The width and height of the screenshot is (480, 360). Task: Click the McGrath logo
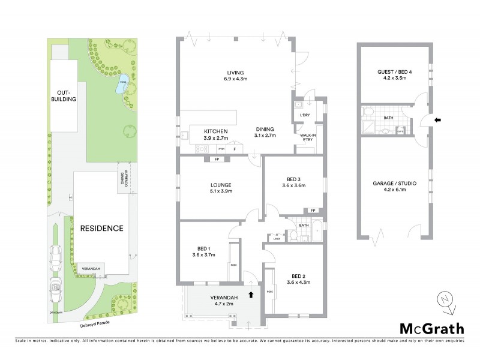pos(431,328)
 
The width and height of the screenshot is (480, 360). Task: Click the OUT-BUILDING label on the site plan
pos(67,95)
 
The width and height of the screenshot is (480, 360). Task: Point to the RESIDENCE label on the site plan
pos(101,228)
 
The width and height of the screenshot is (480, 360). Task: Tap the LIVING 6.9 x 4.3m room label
pos(235,75)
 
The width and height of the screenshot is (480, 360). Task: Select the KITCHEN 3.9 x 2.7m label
pos(214,133)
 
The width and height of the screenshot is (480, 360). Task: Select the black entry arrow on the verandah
pos(251,294)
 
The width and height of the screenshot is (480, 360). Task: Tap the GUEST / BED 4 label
pos(392,74)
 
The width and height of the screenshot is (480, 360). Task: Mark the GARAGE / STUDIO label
pos(394,185)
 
